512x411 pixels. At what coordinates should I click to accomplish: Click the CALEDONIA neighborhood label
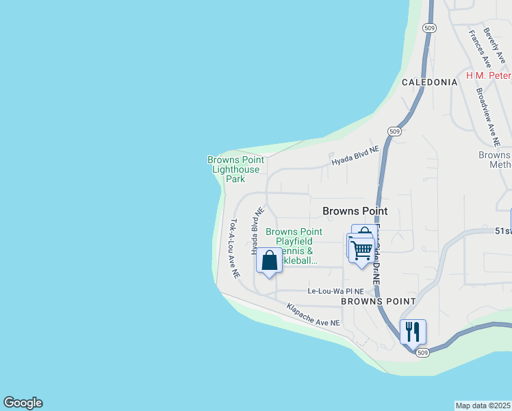click(x=429, y=82)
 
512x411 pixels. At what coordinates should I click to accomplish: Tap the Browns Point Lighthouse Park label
click(x=234, y=169)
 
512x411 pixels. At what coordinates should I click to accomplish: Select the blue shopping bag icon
click(x=269, y=261)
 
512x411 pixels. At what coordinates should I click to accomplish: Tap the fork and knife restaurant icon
click(x=413, y=332)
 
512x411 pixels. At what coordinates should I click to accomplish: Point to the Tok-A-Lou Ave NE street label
click(x=235, y=248)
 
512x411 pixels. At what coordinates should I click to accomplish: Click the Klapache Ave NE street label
click(x=313, y=314)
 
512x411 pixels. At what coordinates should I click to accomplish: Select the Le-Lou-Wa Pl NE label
click(x=340, y=291)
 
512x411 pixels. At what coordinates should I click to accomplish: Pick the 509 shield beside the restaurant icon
click(x=423, y=353)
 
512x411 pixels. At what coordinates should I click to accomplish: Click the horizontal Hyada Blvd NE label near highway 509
click(x=355, y=155)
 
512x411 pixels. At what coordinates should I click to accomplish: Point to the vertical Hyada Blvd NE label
click(x=257, y=232)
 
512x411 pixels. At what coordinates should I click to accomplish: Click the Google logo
click(x=23, y=403)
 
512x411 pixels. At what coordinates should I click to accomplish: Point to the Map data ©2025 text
click(x=483, y=406)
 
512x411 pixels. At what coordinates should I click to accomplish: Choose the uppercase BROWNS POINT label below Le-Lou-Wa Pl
click(x=378, y=301)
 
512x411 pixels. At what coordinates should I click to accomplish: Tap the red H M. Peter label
click(x=489, y=75)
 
